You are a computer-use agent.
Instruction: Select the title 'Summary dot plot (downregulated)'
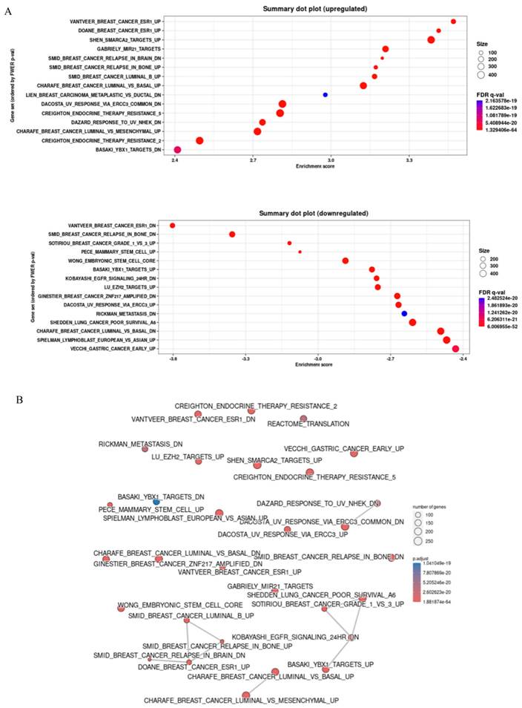click(314, 214)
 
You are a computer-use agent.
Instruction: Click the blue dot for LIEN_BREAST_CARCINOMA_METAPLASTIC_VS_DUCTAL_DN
click(325, 95)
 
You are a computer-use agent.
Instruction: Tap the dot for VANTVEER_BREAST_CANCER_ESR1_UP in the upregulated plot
click(453, 22)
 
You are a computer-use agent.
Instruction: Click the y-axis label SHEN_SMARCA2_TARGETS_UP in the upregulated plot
click(130, 39)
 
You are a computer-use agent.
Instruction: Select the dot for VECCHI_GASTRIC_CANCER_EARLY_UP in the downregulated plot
click(455, 348)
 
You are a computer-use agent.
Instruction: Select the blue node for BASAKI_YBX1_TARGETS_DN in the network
click(156, 502)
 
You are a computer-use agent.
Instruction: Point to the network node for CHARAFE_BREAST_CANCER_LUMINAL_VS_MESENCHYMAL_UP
click(245, 695)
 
